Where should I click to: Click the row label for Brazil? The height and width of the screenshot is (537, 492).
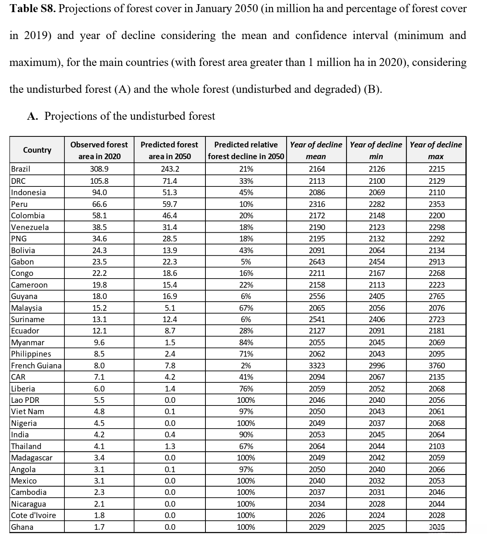(21, 169)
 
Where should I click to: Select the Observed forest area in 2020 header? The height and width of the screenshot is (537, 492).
(99, 150)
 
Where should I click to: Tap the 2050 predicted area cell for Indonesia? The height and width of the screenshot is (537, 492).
(169, 193)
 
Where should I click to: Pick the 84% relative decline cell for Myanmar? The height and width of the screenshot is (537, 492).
(246, 343)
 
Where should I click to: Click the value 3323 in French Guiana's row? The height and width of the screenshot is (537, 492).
(317, 366)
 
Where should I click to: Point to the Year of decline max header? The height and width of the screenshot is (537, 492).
(436, 150)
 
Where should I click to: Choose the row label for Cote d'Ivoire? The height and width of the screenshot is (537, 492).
(33, 515)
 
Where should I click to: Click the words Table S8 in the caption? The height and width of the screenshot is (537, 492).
(33, 8)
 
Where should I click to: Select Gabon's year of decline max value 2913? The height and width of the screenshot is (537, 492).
(437, 262)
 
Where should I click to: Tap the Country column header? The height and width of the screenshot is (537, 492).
(37, 150)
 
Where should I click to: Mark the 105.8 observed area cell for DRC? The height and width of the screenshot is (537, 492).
(99, 181)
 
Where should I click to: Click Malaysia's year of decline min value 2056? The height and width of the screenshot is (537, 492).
(377, 308)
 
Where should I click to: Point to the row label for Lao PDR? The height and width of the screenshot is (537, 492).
(25, 400)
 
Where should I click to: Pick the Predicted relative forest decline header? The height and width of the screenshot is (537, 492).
(246, 150)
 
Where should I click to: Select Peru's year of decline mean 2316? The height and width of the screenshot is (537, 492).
(317, 204)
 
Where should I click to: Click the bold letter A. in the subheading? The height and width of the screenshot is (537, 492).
(32, 116)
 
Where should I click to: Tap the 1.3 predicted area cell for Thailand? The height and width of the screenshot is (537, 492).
(170, 446)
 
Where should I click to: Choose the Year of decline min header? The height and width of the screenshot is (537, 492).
(376, 150)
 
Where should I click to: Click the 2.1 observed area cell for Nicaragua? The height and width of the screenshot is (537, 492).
(99, 504)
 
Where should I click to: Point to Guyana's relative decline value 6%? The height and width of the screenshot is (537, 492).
(246, 296)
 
